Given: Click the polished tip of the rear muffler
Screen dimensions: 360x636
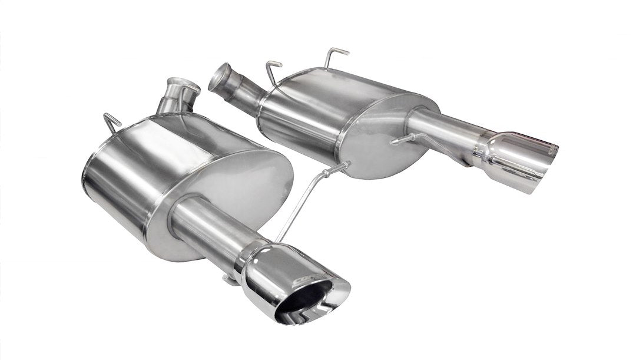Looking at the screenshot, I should pyautogui.click(x=524, y=159).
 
